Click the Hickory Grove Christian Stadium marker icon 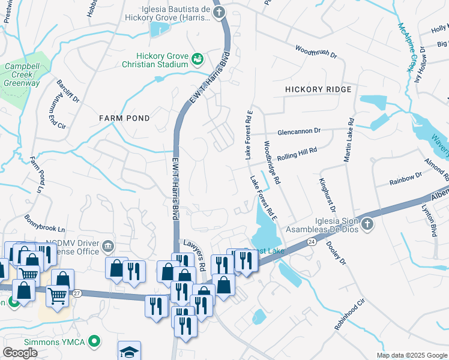coord(197,58)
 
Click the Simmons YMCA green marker coord(93,341)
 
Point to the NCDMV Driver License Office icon coord(107,245)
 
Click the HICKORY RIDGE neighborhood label coord(318,89)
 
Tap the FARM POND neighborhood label coord(124,118)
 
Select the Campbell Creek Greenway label coord(22,75)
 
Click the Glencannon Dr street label coord(299,131)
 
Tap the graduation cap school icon coord(129,351)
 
